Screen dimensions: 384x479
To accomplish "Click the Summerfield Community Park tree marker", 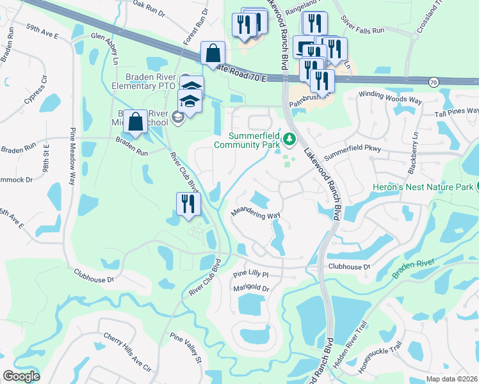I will (290, 138).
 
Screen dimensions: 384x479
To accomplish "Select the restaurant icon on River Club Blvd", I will (189, 204).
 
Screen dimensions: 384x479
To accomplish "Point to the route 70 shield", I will (434, 82).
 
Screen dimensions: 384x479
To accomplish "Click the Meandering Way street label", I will (256, 215).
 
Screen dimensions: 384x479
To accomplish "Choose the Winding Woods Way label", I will (389, 97).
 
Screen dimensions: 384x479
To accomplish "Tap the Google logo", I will (21, 376).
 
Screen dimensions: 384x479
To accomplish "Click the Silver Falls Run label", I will (362, 30).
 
